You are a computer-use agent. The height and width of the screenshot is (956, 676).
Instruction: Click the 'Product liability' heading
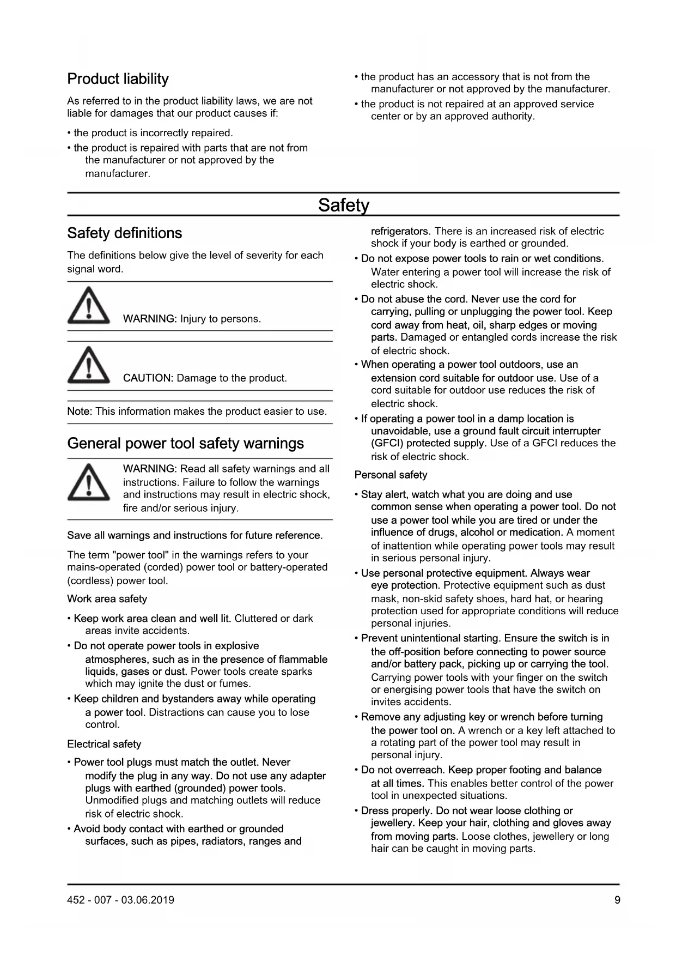click(x=118, y=79)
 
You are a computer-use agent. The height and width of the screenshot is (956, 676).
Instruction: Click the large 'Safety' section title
click(x=343, y=205)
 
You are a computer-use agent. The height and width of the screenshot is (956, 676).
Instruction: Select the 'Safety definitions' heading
click(x=124, y=233)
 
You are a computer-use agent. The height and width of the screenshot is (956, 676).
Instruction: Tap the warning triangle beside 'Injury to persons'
click(x=88, y=306)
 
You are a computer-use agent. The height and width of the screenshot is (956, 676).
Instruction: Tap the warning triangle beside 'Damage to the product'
click(x=88, y=365)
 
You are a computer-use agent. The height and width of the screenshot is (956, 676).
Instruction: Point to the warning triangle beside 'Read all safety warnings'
click(x=88, y=482)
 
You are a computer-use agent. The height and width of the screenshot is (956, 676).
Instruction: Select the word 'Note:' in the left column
click(x=80, y=412)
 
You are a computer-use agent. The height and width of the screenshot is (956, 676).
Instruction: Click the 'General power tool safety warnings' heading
click(x=185, y=444)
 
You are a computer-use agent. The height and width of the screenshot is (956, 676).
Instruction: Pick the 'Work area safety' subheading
click(x=107, y=599)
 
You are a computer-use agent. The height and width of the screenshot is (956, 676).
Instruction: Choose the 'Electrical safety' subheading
click(x=104, y=745)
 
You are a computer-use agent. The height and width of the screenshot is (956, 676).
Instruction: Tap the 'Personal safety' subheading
click(x=391, y=475)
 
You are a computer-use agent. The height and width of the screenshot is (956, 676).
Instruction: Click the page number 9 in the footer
click(x=617, y=900)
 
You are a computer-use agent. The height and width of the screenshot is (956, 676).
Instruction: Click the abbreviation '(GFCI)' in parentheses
click(x=387, y=444)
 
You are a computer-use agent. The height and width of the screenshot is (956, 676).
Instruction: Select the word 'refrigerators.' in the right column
click(x=400, y=232)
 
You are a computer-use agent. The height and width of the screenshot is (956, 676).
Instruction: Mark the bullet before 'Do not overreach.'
click(x=356, y=770)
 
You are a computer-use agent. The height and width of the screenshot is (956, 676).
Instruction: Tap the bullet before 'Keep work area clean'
click(x=69, y=619)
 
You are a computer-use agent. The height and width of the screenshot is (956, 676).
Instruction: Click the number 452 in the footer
click(x=76, y=900)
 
